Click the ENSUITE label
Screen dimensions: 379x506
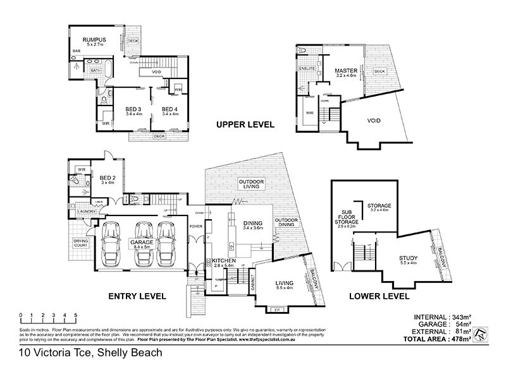[x=308, y=68]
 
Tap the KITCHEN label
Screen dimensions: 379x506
[x=224, y=260]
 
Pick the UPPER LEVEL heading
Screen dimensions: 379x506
[x=245, y=124]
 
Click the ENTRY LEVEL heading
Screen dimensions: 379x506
[x=137, y=296]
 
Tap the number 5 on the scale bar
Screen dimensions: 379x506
[x=75, y=315]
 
